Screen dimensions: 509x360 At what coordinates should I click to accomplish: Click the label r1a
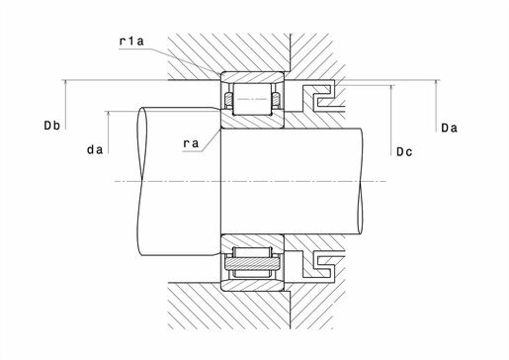[131, 42]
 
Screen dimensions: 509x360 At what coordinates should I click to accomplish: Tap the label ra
[191, 143]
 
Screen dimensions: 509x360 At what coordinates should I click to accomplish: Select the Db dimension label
[52, 126]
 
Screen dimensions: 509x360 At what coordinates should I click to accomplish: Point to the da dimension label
[95, 150]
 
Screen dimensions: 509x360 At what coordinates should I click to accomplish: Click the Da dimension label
[450, 128]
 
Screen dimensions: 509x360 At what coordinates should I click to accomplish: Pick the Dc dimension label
[404, 152]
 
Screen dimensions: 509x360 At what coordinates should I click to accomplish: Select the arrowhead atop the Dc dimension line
[391, 88]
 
